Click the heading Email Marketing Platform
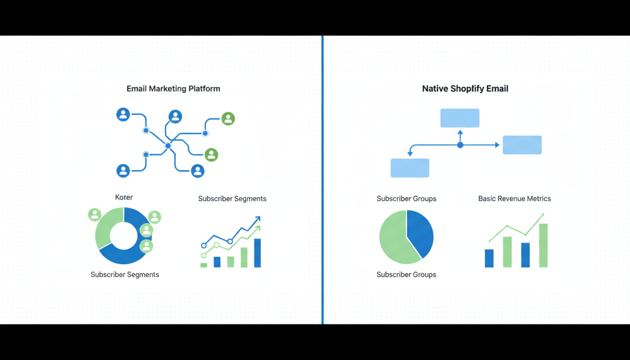point(173,89)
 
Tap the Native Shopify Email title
point(465,89)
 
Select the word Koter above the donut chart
point(124,197)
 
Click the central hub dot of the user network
point(168,146)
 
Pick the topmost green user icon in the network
point(228,119)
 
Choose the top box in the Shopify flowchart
point(460,118)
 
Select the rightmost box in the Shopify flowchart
point(522,145)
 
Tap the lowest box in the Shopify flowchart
point(410,168)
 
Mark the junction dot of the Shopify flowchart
point(460,145)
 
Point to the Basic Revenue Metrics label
point(514,199)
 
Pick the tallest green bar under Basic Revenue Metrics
point(543,245)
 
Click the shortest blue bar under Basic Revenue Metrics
point(489,258)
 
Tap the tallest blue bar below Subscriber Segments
point(257,253)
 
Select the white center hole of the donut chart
point(123,236)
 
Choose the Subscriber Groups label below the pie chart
point(406,275)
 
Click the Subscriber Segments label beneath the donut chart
point(125,275)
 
